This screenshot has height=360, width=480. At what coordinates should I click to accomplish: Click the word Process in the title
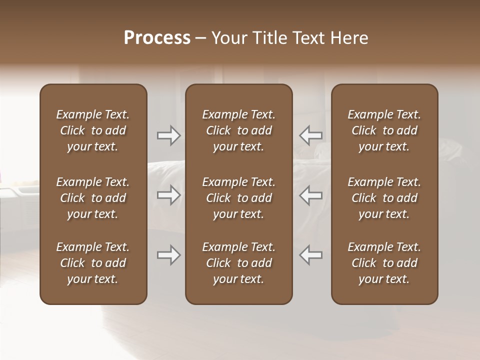(157, 38)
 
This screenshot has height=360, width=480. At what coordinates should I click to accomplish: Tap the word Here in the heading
(349, 38)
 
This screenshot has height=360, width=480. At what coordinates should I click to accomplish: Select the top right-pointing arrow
(169, 135)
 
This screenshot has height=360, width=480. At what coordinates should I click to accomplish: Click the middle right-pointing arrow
(169, 195)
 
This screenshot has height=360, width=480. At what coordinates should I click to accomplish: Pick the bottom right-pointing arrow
(169, 255)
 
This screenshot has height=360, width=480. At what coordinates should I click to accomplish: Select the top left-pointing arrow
(310, 135)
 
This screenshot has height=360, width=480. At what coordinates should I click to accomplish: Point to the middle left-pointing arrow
(310, 195)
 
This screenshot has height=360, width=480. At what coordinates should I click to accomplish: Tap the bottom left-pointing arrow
(310, 255)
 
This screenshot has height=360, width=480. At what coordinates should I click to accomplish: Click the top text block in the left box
(93, 130)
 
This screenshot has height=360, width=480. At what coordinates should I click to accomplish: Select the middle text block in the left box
(93, 198)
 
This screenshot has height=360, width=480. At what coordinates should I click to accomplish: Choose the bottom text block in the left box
(93, 263)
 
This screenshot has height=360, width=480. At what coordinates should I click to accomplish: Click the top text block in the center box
(238, 130)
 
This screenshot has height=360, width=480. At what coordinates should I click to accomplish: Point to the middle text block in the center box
(238, 198)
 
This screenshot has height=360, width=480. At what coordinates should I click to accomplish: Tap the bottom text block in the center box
(238, 263)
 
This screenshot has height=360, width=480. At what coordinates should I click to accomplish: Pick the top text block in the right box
(384, 130)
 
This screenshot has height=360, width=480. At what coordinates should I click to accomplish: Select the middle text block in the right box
(384, 198)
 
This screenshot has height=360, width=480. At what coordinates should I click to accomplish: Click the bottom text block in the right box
(384, 263)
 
